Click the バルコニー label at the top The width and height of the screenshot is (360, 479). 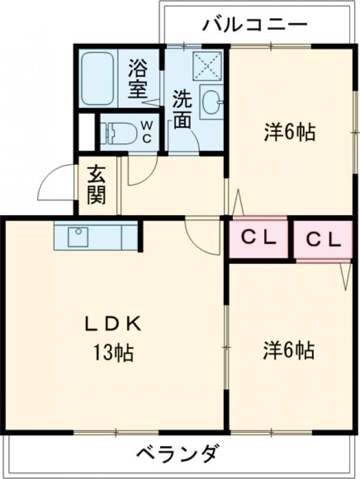[254, 25]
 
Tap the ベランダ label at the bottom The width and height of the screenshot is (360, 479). [178, 453]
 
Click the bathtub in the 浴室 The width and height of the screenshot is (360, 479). [98, 78]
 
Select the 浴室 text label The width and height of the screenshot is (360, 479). [138, 78]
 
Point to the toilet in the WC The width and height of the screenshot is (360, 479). [118, 134]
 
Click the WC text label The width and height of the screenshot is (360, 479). [147, 132]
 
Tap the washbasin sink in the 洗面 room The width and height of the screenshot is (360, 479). [211, 101]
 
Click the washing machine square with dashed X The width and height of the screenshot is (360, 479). [208, 66]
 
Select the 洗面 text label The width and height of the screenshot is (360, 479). [182, 109]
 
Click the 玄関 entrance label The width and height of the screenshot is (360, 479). [97, 185]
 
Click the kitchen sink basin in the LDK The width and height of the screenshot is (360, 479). [79, 237]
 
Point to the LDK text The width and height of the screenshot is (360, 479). [113, 324]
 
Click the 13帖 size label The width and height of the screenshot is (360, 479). [113, 353]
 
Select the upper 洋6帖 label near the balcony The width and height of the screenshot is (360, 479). [290, 132]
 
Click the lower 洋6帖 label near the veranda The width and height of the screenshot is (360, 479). [289, 350]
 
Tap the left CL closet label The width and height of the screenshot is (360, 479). [259, 237]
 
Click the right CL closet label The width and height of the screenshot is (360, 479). [323, 240]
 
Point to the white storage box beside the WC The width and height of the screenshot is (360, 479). [87, 132]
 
